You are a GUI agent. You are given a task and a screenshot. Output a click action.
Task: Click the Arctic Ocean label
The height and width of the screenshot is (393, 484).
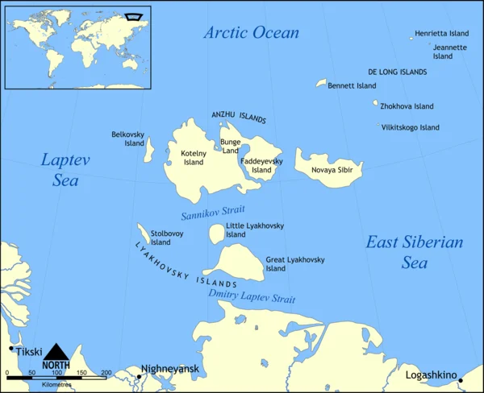pyautogui.click(x=251, y=33)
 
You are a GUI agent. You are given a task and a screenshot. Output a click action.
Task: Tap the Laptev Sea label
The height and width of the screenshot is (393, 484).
pyautogui.click(x=65, y=170)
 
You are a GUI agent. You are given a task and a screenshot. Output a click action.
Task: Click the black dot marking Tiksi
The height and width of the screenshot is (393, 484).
pyautogui.click(x=11, y=349)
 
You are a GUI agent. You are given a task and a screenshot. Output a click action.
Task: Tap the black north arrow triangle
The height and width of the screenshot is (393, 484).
pyautogui.click(x=56, y=352)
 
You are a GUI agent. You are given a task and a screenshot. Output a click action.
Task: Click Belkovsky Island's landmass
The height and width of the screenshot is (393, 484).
pyautogui.click(x=149, y=147)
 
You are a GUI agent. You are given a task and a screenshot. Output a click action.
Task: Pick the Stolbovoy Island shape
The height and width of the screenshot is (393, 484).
pyautogui.click(x=143, y=234)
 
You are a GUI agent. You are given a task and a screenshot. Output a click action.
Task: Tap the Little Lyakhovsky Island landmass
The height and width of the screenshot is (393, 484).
pyautogui.click(x=216, y=234)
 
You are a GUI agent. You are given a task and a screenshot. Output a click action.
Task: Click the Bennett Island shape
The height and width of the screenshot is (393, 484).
pyautogui.click(x=321, y=83)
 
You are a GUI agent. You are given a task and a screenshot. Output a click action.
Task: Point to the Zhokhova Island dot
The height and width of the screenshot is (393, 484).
pyautogui.click(x=375, y=103)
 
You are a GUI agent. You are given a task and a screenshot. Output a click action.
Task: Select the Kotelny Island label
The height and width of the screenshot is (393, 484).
pyautogui.click(x=194, y=157)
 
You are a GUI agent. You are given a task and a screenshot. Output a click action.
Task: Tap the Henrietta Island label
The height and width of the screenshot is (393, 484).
pyautogui.click(x=441, y=34)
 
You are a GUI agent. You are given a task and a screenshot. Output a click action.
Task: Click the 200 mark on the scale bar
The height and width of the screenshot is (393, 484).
pyautogui.click(x=106, y=373)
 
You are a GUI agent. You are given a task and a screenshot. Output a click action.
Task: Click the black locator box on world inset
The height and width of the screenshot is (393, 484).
pyautogui.click(x=134, y=15)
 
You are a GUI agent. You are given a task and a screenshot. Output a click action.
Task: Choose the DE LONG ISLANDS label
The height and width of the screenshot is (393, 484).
pyautogui.click(x=397, y=72)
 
